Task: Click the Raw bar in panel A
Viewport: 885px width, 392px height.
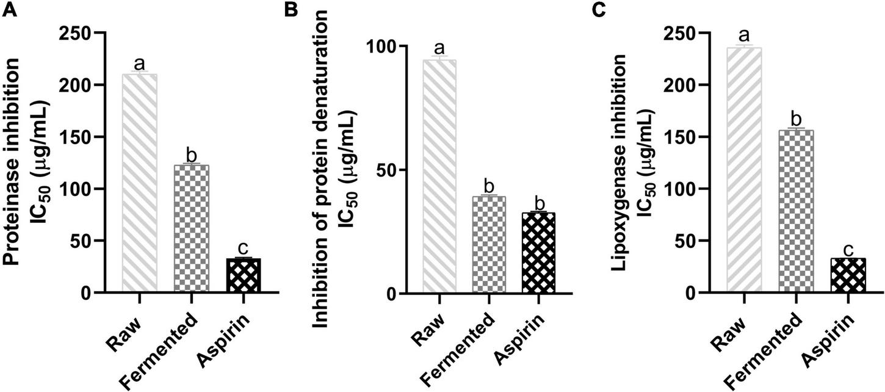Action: tap(140, 183)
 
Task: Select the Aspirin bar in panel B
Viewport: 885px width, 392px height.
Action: tap(538, 253)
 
